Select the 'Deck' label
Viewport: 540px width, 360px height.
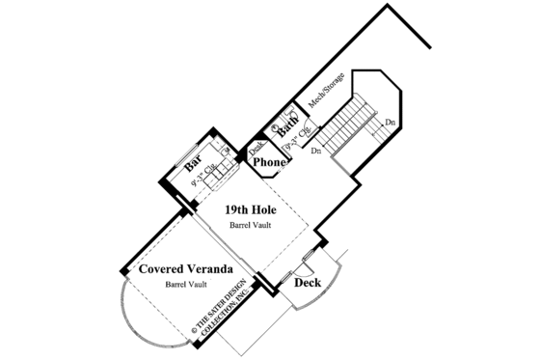pyautogui.click(x=308, y=283)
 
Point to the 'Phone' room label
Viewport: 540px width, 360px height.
pyautogui.click(x=269, y=163)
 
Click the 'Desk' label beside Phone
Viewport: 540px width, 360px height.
pyautogui.click(x=256, y=149)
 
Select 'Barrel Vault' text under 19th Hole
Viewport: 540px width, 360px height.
pyautogui.click(x=249, y=226)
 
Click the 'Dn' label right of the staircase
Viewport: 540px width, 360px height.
pyautogui.click(x=389, y=123)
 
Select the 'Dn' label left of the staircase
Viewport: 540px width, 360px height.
pyautogui.click(x=315, y=152)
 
